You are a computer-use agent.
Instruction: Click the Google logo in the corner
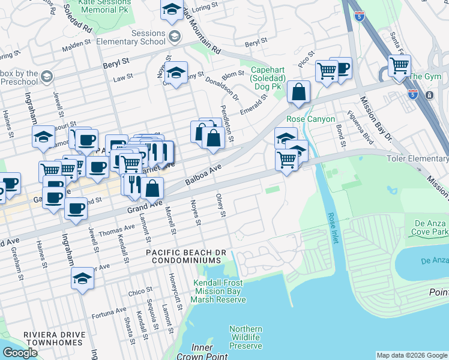[20, 353]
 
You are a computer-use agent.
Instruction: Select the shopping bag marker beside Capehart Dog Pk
[298, 92]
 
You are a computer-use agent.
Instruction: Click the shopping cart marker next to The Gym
[399, 65]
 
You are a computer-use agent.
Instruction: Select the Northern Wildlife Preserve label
[246, 337]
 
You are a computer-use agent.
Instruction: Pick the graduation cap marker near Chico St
[82, 279]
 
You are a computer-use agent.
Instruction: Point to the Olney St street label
[221, 205]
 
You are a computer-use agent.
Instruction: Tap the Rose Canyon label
[310, 119]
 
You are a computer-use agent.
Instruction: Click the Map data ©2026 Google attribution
[412, 355]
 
